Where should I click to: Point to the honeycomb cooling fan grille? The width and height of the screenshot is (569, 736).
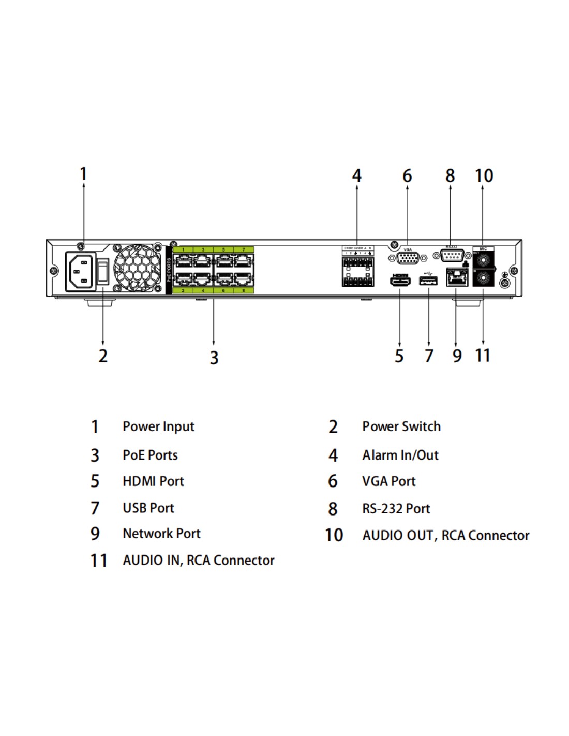[x=137, y=269]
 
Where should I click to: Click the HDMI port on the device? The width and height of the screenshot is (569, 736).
[x=400, y=281]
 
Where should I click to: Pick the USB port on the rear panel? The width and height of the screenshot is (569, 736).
[x=428, y=281]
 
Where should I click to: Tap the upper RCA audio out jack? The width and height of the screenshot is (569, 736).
[x=483, y=259]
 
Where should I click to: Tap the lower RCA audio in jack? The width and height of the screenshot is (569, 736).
[x=483, y=279]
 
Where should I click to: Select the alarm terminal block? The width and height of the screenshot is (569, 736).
[x=357, y=270]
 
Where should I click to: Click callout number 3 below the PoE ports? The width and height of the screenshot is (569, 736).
[x=214, y=357]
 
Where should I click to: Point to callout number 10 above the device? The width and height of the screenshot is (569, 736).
[x=484, y=176]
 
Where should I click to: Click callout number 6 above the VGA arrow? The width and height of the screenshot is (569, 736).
[x=407, y=176]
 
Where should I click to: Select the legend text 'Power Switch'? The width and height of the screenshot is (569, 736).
[x=401, y=426]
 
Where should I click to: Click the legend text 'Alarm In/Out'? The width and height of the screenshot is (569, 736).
[x=400, y=455]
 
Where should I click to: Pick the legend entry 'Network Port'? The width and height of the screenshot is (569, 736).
[x=161, y=534]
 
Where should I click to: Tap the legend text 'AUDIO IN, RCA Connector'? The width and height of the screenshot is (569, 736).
[x=198, y=560]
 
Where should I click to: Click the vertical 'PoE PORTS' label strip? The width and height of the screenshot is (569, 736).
[x=169, y=270]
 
